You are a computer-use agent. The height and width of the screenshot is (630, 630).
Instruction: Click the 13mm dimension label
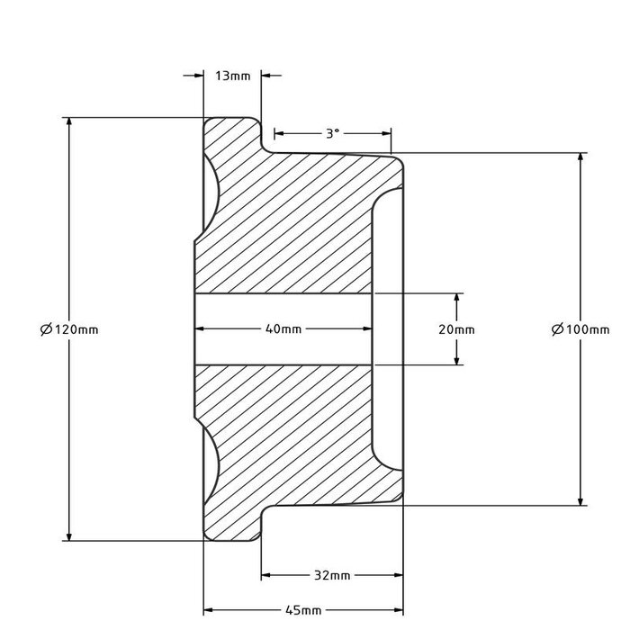(x=233, y=76)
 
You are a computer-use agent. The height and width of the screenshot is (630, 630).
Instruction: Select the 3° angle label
(x=332, y=133)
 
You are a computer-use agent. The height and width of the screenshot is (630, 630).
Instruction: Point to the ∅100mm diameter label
(x=580, y=329)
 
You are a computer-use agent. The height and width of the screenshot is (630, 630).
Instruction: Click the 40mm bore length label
(x=283, y=329)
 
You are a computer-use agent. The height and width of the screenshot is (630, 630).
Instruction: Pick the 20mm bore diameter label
(x=457, y=329)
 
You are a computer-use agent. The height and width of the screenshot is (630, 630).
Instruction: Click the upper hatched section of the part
(x=288, y=225)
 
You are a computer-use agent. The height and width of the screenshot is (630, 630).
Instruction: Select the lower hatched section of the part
(x=288, y=432)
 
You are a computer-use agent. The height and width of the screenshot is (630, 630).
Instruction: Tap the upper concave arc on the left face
(x=216, y=193)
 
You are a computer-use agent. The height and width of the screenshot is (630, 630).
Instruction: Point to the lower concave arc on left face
(x=216, y=463)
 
